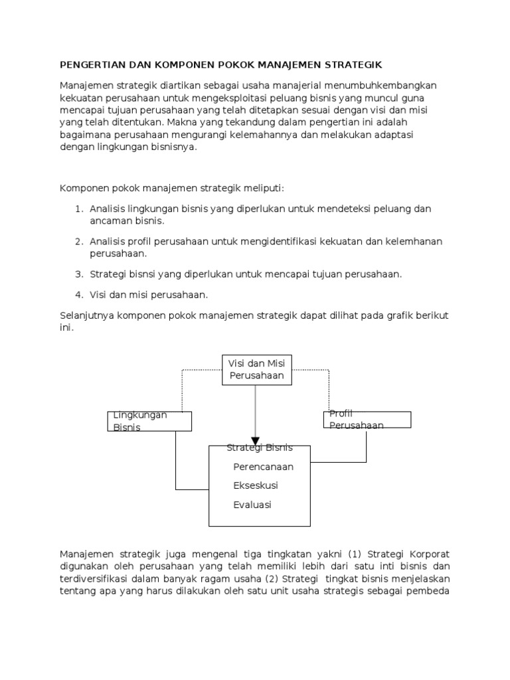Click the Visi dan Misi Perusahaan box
click(x=256, y=370)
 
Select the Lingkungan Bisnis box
click(x=149, y=421)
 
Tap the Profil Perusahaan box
click(x=367, y=420)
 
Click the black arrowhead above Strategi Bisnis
click(x=256, y=440)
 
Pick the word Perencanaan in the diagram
click(x=263, y=467)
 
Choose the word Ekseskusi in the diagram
click(x=256, y=485)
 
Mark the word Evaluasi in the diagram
click(x=252, y=505)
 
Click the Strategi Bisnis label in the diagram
click(x=260, y=448)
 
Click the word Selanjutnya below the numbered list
click(x=87, y=315)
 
